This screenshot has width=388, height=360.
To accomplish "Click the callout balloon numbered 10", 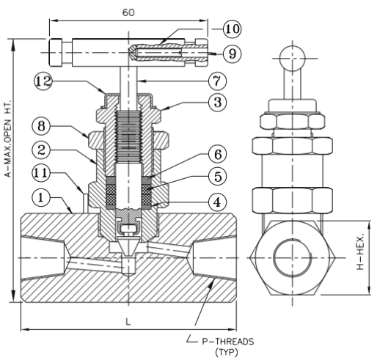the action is [232, 29].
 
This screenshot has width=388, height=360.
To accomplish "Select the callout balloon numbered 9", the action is [232, 54].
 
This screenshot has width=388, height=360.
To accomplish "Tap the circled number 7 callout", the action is [217, 81].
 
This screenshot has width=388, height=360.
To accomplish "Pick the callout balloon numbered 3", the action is [217, 102].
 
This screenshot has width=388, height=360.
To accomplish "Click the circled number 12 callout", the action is [43, 81].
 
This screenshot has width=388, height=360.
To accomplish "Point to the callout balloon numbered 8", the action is [41, 126].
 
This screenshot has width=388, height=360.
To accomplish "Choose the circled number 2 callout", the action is [41, 150].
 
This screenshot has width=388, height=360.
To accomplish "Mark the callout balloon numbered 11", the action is [41, 173].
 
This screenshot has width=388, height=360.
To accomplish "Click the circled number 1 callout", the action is [41, 198].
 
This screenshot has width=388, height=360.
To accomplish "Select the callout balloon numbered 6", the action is [217, 155].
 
